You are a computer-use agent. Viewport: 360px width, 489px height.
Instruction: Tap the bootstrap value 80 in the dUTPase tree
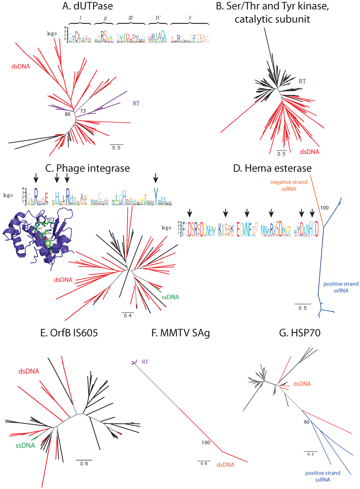point(67,114)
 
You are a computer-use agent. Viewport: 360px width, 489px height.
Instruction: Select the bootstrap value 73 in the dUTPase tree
point(83,111)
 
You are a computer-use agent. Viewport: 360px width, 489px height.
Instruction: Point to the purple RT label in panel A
point(136,103)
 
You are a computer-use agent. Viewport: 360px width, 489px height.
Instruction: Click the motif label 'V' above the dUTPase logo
point(190,18)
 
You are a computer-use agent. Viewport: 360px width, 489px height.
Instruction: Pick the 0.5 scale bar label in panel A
point(116,148)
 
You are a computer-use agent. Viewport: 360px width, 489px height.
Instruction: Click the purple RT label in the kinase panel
point(302,81)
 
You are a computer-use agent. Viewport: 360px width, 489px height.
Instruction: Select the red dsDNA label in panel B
point(309,152)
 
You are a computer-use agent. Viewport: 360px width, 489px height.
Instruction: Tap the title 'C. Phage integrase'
point(88,168)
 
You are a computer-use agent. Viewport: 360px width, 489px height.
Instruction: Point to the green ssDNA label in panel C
point(170,297)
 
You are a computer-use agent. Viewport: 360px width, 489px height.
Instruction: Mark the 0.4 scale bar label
point(127,316)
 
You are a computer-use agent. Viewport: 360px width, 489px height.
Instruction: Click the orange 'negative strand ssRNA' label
point(289,185)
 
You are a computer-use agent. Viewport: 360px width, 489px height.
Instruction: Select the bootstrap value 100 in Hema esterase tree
point(324,208)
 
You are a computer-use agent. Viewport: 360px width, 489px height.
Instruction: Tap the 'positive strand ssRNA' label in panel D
point(341,287)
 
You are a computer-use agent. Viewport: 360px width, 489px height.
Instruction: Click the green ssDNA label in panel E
point(25,445)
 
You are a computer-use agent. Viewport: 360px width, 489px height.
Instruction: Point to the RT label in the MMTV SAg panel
point(145,362)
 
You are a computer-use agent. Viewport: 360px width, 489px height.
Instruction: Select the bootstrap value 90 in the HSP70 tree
point(306,422)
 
